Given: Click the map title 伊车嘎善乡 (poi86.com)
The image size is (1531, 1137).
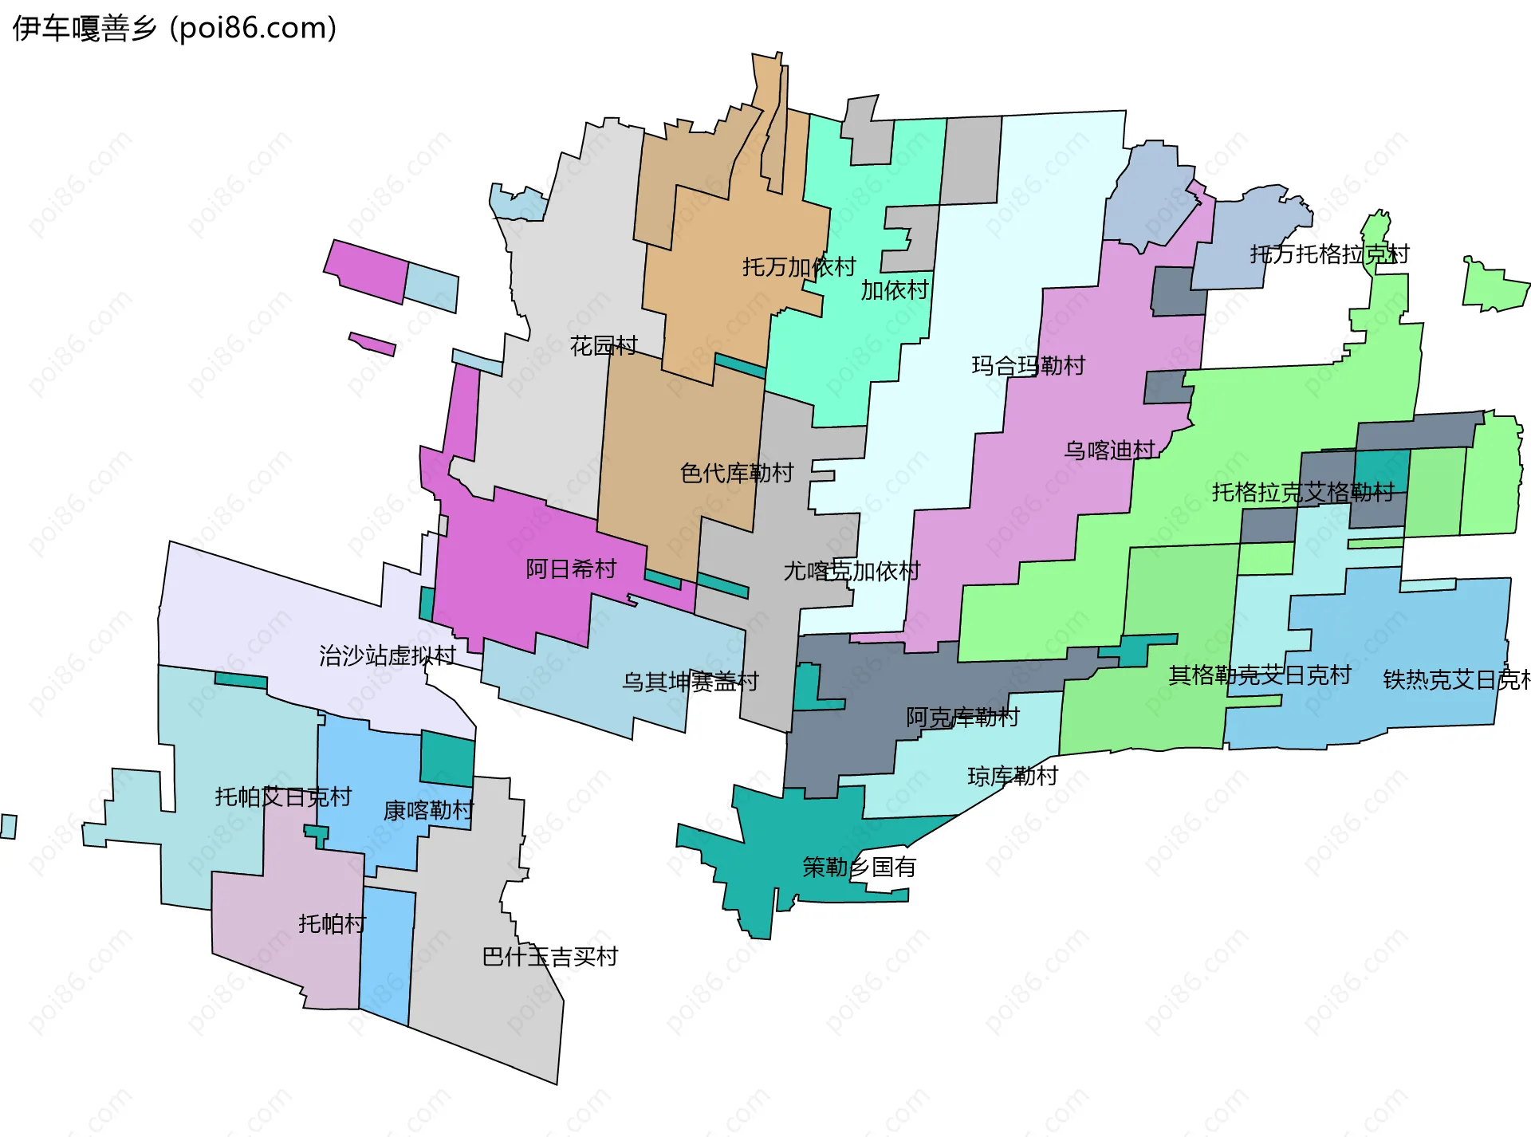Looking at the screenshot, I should pos(175,29).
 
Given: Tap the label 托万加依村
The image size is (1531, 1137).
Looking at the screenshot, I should pos(799,266).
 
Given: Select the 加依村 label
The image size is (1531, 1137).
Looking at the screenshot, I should pos(895,290).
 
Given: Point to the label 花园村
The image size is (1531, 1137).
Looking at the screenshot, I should pos(604,345).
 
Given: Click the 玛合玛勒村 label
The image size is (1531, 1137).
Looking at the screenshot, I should pos(1029,365).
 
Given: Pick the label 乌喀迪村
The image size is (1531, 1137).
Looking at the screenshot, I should pos(1110,450).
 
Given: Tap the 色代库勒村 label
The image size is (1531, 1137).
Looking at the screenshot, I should pos(737,473).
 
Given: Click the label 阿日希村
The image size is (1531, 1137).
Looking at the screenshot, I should pos(571,568).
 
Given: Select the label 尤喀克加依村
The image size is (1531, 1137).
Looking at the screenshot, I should pos(852,571).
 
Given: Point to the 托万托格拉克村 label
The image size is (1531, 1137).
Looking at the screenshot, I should pos(1329,254).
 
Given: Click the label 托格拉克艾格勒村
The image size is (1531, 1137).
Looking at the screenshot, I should pos(1303,492).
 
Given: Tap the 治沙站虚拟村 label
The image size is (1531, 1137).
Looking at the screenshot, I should pos(388,655).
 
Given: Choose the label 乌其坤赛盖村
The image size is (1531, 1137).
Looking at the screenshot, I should pos(691,682).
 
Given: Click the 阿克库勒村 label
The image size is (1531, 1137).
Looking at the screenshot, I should pos(962,718).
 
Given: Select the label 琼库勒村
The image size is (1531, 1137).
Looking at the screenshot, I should pos(1013,776).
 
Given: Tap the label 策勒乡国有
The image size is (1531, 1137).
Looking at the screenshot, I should pos(859,867).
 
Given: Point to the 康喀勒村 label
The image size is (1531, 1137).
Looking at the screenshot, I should pos(429,811).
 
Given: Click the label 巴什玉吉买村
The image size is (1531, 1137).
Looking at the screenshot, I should pos(550,957).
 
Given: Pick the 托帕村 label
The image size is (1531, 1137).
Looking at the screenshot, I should pos(332,923).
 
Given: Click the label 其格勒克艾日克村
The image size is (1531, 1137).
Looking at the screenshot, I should pos(1260,675).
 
